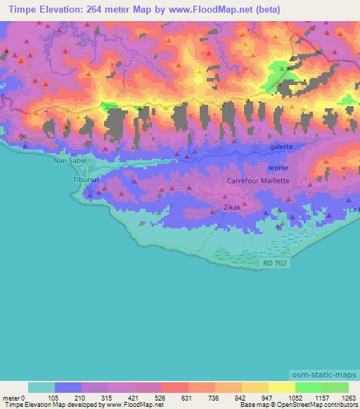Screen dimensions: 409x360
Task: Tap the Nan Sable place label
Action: tap(68, 160)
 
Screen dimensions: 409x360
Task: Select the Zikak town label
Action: tap(232, 208)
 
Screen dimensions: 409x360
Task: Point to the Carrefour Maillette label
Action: tap(258, 181)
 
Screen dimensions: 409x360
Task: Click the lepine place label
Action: tap(278, 168)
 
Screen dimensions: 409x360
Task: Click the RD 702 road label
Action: tap(276, 263)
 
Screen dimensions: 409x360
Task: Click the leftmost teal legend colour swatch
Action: tap(41, 387)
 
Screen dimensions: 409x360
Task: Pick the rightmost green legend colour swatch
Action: tap(335, 387)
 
